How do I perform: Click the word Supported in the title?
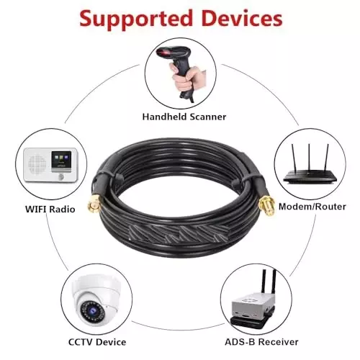(x=136, y=19)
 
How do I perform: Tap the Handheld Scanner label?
(x=184, y=117)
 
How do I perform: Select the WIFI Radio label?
(x=50, y=209)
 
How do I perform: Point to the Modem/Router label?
(x=312, y=207)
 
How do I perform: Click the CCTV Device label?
(x=97, y=342)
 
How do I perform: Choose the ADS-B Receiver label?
(x=261, y=342)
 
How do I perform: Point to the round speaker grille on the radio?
(x=37, y=164)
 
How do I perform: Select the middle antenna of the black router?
(x=310, y=158)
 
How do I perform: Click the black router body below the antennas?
(x=310, y=177)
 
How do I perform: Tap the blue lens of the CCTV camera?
(x=92, y=311)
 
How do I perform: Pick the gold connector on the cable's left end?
(x=94, y=204)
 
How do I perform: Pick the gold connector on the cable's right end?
(x=267, y=206)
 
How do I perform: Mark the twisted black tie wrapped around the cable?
(x=179, y=233)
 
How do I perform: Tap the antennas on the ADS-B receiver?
(x=269, y=282)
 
